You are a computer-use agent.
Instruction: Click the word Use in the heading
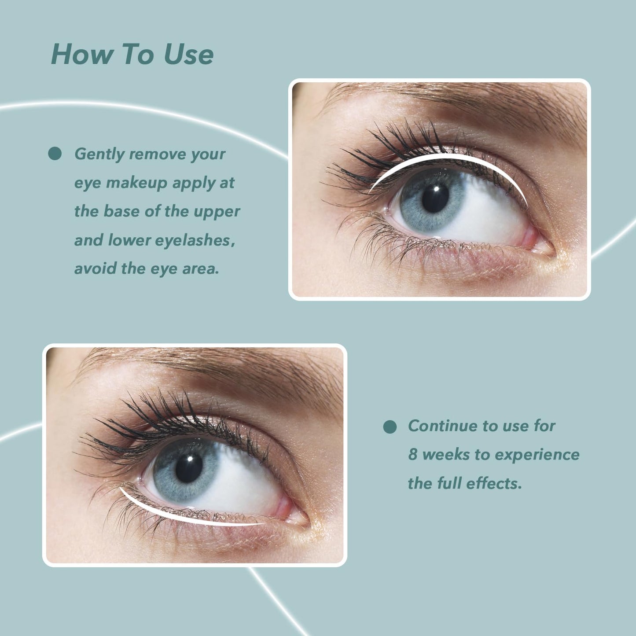pos(188,55)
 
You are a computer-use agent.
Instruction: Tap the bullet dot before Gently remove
pos(55,154)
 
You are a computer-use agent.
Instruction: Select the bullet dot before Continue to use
pos(390,426)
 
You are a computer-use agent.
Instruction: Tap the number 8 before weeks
pos(412,455)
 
